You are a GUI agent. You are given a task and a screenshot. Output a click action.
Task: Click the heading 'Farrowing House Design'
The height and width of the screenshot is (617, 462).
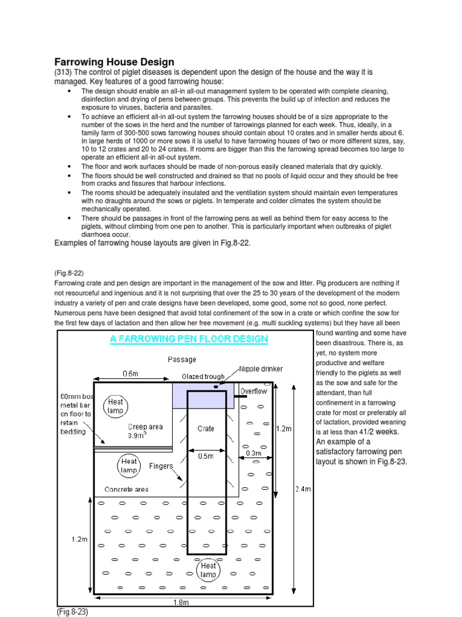(x=114, y=61)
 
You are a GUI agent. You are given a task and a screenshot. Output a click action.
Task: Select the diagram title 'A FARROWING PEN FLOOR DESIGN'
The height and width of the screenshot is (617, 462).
(x=188, y=339)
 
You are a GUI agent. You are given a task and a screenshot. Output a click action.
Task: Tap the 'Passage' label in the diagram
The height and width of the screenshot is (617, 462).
(x=182, y=360)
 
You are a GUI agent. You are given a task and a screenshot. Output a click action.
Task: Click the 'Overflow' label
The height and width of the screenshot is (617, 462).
(x=253, y=391)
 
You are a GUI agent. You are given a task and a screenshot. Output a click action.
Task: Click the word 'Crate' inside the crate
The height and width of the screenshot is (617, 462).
(x=206, y=429)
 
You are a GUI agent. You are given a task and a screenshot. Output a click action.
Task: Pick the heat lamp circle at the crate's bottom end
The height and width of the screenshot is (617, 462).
(x=208, y=570)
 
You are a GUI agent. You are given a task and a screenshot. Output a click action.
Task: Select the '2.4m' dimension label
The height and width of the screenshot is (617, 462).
(x=302, y=489)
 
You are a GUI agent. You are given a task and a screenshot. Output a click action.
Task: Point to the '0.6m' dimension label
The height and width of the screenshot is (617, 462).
(x=131, y=374)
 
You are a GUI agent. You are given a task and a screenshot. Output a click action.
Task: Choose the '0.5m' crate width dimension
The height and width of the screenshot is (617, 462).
(x=206, y=456)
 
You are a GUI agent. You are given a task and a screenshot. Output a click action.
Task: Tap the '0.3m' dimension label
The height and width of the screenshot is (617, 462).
(x=253, y=453)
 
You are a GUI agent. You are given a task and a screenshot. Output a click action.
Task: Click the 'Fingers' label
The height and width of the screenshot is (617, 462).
(x=161, y=466)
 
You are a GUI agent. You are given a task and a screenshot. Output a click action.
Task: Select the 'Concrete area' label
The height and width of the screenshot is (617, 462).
(x=126, y=489)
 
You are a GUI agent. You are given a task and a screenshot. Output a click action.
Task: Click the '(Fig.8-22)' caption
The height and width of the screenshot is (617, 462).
(x=69, y=271)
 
